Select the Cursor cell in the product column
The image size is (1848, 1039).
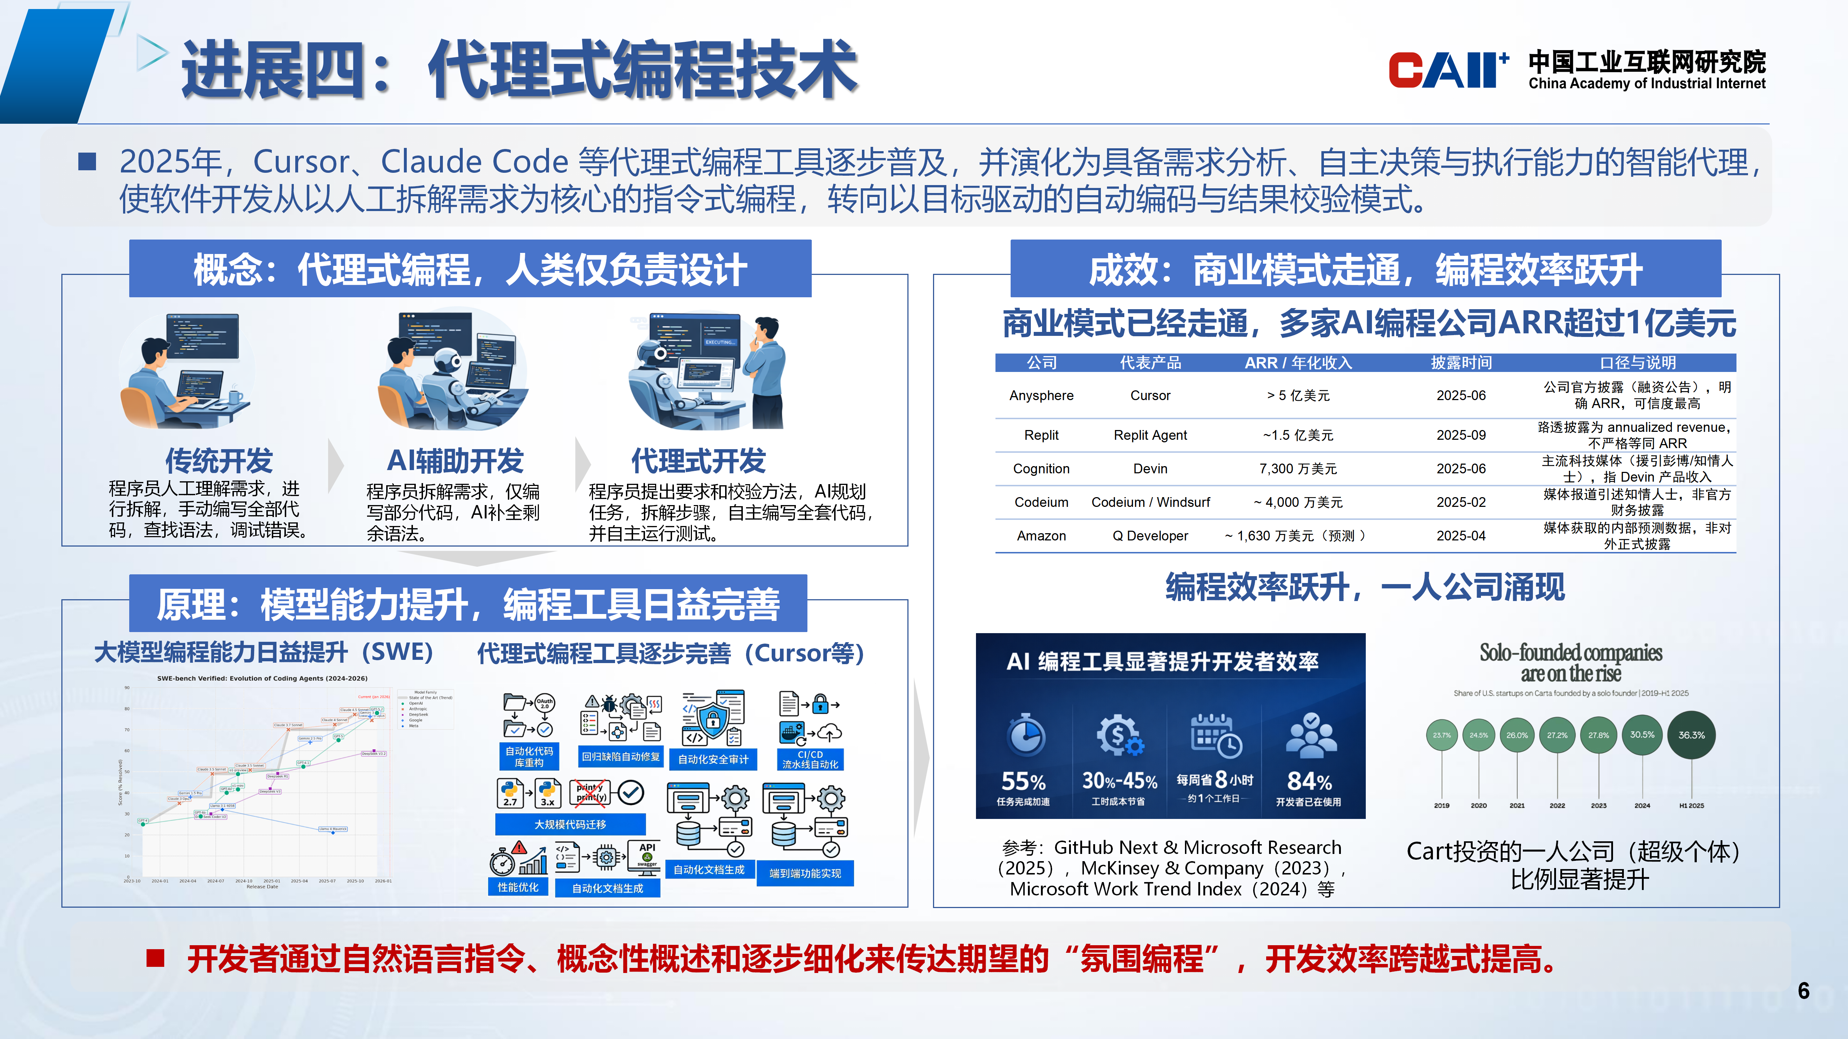coord(1150,395)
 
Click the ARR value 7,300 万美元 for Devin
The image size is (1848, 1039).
coord(1298,468)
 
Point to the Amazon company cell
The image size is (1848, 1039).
coord(1041,536)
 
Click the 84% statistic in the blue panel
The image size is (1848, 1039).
coord(1309,781)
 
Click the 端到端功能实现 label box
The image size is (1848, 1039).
coord(805,873)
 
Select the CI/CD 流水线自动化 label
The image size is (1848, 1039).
coord(810,759)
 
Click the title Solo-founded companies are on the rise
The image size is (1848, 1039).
coord(1570,663)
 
